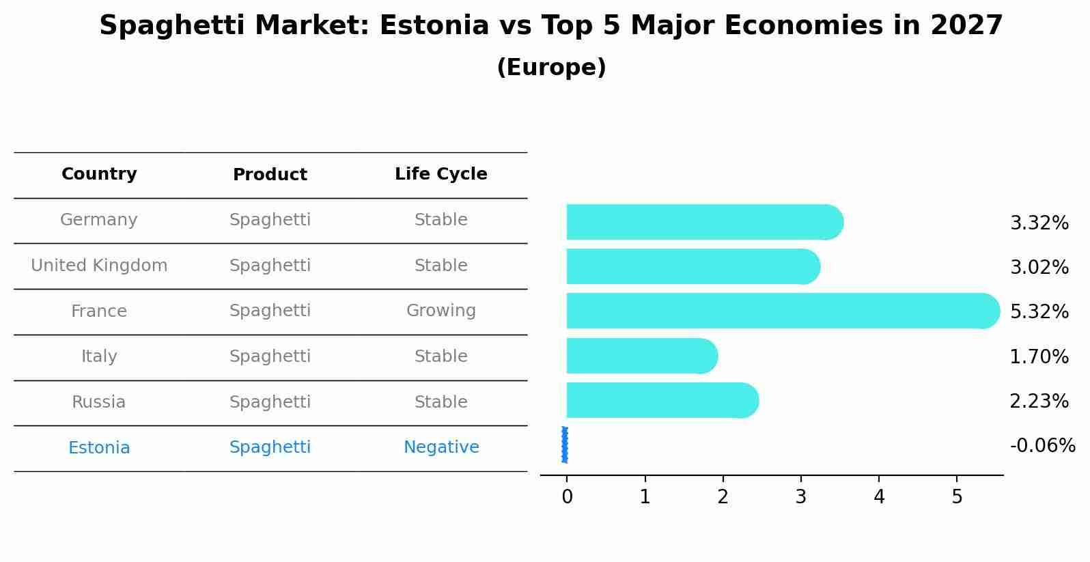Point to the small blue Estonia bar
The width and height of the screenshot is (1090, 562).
[565, 445]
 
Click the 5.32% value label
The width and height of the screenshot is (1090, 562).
[1039, 312]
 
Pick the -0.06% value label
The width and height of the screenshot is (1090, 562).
[1042, 446]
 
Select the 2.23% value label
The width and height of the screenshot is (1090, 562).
[1039, 402]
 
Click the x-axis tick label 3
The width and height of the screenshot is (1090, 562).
[801, 497]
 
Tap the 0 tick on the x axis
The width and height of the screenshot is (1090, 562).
[567, 497]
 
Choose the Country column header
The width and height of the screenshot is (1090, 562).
[99, 174]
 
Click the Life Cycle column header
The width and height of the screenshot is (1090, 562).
[441, 174]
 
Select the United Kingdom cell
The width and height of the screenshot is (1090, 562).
[99, 266]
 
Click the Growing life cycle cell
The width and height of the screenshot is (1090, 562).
[441, 311]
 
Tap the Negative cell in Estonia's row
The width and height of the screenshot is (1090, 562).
[441, 447]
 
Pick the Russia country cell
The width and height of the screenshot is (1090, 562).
[99, 402]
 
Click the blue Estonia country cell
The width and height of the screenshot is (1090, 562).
[99, 448]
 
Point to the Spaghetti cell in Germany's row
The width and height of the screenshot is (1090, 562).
[270, 220]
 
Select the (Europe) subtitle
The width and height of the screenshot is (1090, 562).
[551, 68]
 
